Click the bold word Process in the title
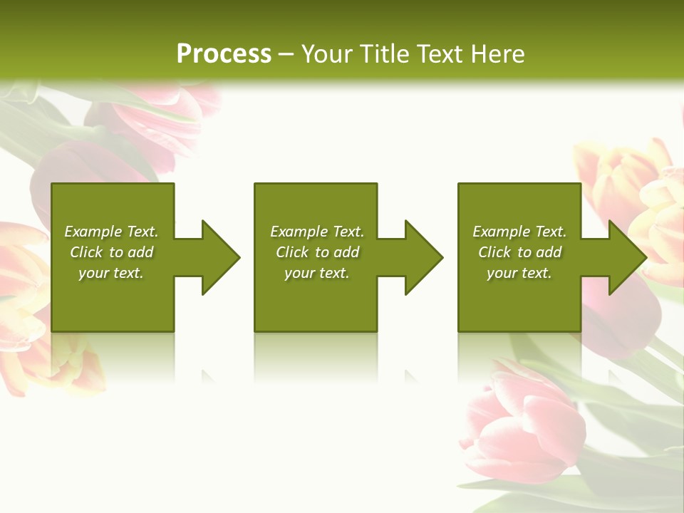pyautogui.click(x=224, y=54)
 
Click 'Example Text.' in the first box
pyautogui.click(x=111, y=232)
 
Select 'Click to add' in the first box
pyautogui.click(x=111, y=252)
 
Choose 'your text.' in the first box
pyautogui.click(x=111, y=273)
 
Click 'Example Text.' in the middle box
pyautogui.click(x=317, y=232)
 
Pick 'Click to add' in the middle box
pyautogui.click(x=317, y=252)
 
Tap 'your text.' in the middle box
pyautogui.click(x=317, y=273)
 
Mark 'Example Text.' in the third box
pyautogui.click(x=519, y=232)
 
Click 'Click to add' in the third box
pyautogui.click(x=519, y=252)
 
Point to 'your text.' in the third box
pyautogui.click(x=519, y=273)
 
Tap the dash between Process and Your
pyautogui.click(x=286, y=55)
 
